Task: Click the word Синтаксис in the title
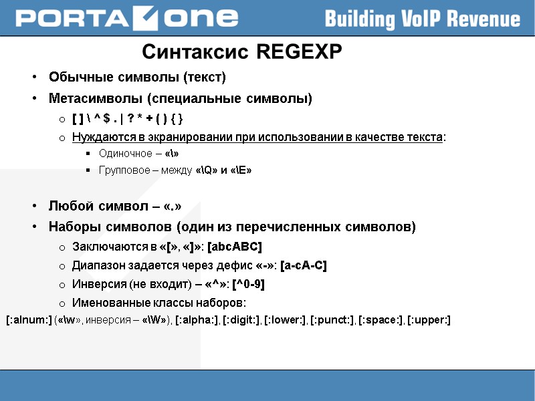197,51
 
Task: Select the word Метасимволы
90,99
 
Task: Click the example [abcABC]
235,247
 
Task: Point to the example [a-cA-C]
304,265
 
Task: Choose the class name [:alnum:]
29,320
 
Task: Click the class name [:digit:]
241,320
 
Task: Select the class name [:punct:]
332,320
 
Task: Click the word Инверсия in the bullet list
95,284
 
